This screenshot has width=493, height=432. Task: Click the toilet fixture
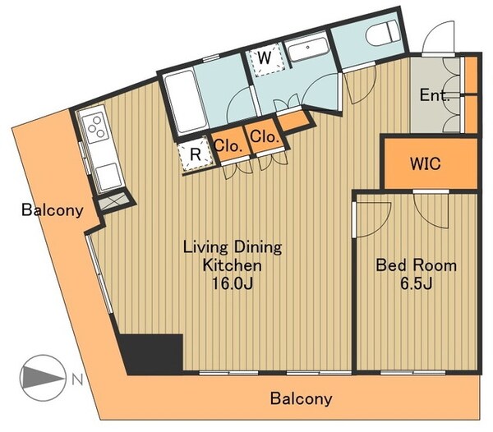tap(382, 33)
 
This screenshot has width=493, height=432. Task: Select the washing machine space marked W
tap(265, 59)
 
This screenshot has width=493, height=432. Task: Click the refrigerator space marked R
tap(196, 154)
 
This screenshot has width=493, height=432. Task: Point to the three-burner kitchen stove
tap(94, 127)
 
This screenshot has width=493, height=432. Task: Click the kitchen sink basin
tap(108, 177)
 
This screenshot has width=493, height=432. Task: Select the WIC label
tap(426, 163)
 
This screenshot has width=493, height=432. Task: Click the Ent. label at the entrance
tap(435, 94)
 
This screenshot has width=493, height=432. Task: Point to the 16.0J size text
tap(233, 284)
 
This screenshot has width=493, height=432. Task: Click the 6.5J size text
tap(416, 283)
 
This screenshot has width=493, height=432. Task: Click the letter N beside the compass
tap(77, 380)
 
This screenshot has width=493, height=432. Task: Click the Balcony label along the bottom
tap(301, 398)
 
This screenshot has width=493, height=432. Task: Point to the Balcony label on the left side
tap(53, 209)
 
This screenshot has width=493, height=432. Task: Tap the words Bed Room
tap(417, 265)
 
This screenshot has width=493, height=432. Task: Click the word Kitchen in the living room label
tap(233, 265)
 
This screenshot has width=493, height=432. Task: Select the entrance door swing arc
tap(437, 36)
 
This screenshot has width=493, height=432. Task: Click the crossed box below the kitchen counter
tap(114, 201)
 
